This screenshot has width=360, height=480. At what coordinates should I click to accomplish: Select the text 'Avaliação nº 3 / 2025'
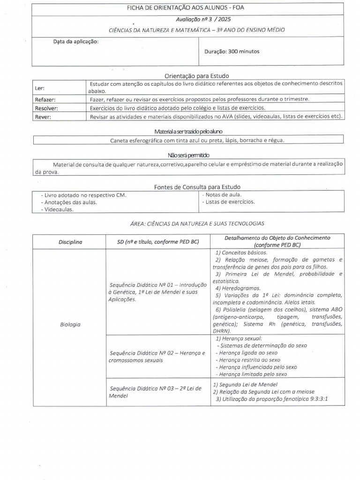point(203,20)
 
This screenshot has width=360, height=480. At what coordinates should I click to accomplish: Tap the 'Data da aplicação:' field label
point(75,42)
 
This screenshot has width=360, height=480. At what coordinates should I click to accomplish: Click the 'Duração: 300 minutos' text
point(232,52)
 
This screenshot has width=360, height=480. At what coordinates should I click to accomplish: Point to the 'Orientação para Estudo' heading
point(197,75)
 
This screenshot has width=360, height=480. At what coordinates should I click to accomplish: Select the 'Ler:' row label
point(40,88)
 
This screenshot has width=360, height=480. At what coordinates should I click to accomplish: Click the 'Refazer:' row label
point(45,100)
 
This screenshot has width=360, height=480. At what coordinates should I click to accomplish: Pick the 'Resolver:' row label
point(46,108)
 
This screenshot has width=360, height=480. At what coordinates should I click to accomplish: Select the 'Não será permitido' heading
point(188,155)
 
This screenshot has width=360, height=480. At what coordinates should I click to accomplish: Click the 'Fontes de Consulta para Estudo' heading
point(197,187)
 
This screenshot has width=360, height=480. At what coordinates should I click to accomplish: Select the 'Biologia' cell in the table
point(70,324)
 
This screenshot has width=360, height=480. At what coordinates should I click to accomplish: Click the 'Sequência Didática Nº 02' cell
point(157,356)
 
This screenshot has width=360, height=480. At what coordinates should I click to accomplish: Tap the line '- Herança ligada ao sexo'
point(246,352)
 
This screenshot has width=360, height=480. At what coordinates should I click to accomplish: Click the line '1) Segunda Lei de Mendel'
point(245,384)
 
